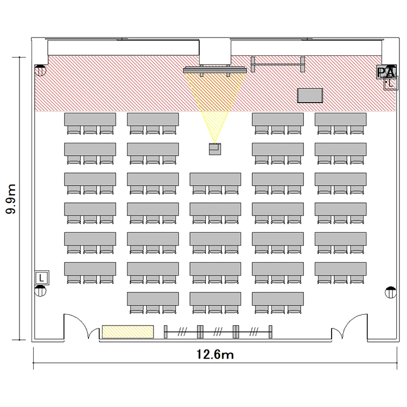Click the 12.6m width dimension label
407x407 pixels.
click(215, 354)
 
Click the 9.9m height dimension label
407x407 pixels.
click(11, 199)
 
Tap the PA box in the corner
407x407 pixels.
click(386, 72)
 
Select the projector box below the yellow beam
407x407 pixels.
click(215, 149)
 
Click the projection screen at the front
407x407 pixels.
click(215, 70)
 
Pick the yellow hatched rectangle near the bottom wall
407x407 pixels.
click(128, 332)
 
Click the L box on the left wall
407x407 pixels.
click(42, 278)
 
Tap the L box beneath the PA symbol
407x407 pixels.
click(391, 84)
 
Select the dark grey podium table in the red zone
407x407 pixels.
click(310, 96)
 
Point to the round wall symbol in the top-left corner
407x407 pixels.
click(40, 71)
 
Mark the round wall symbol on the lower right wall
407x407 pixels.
click(391, 292)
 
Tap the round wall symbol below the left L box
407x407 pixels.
click(40, 291)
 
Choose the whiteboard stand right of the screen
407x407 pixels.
click(278, 65)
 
